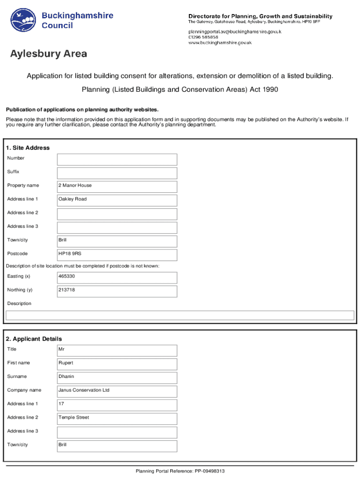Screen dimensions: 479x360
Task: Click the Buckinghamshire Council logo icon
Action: point(24,20)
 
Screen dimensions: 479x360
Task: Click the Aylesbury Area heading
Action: point(49,54)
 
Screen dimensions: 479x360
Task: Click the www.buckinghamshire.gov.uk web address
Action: point(220,43)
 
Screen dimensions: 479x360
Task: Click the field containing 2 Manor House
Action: point(117,187)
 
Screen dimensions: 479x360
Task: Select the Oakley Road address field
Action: point(117,200)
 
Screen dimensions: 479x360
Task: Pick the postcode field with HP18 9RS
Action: point(117,255)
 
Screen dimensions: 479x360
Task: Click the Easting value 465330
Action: point(117,277)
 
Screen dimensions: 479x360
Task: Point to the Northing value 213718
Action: point(117,291)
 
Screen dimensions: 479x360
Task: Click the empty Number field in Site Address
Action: point(117,159)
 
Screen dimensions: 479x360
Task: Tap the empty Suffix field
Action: point(117,173)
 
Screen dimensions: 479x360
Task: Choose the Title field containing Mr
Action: point(117,350)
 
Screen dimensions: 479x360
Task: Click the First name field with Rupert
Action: point(117,364)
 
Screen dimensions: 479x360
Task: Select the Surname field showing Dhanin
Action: point(117,377)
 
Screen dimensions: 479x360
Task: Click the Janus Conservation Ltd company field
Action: point(117,391)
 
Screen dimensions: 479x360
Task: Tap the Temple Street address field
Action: point(117,419)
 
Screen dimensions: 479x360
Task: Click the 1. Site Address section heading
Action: point(28,148)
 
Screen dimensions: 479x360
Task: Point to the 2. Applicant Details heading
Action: point(34,339)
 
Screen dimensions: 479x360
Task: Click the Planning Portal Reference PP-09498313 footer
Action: point(180,471)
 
